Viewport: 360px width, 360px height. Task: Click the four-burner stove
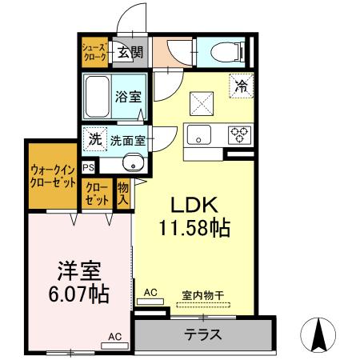click(x=239, y=134)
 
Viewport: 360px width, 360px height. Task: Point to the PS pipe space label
click(x=87, y=167)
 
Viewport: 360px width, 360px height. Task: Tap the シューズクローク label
click(x=91, y=52)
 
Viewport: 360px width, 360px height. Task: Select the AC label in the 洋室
click(x=114, y=337)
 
